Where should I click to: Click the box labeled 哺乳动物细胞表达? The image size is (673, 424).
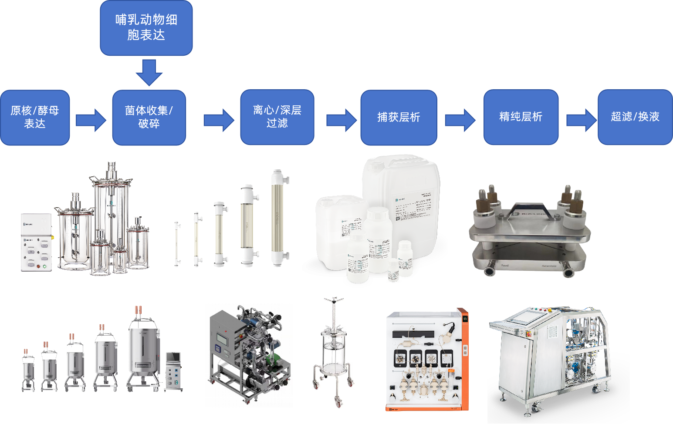point(146,27)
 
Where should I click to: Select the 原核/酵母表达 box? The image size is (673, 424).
point(35,117)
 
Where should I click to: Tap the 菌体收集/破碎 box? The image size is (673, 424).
point(149,117)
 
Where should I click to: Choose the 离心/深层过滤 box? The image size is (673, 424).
point(277,117)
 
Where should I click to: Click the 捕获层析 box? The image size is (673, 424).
point(399,117)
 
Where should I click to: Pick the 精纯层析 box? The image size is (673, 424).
point(521,117)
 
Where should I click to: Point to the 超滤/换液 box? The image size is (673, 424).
point(635,117)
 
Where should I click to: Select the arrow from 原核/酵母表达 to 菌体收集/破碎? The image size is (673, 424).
point(91,120)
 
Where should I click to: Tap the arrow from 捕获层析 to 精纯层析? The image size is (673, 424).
point(460,120)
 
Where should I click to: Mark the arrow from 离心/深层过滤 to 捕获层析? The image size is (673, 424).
point(342,120)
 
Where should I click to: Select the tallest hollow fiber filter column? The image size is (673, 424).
point(277,218)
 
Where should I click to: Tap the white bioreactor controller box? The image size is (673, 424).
point(37,242)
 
